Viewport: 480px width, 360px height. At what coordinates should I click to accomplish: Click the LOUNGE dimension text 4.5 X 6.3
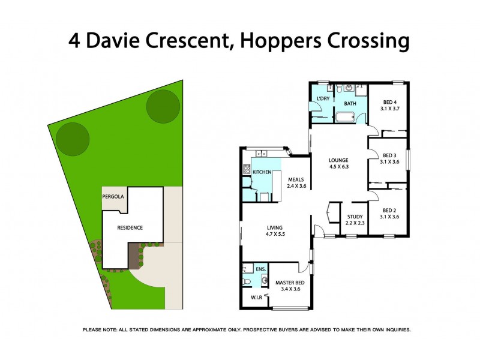tap(338, 168)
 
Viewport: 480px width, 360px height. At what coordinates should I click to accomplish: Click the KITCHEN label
tap(262, 172)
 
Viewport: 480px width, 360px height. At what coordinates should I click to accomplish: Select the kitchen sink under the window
tap(262, 153)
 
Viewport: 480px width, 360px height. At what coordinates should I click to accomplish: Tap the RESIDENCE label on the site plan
tap(130, 227)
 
